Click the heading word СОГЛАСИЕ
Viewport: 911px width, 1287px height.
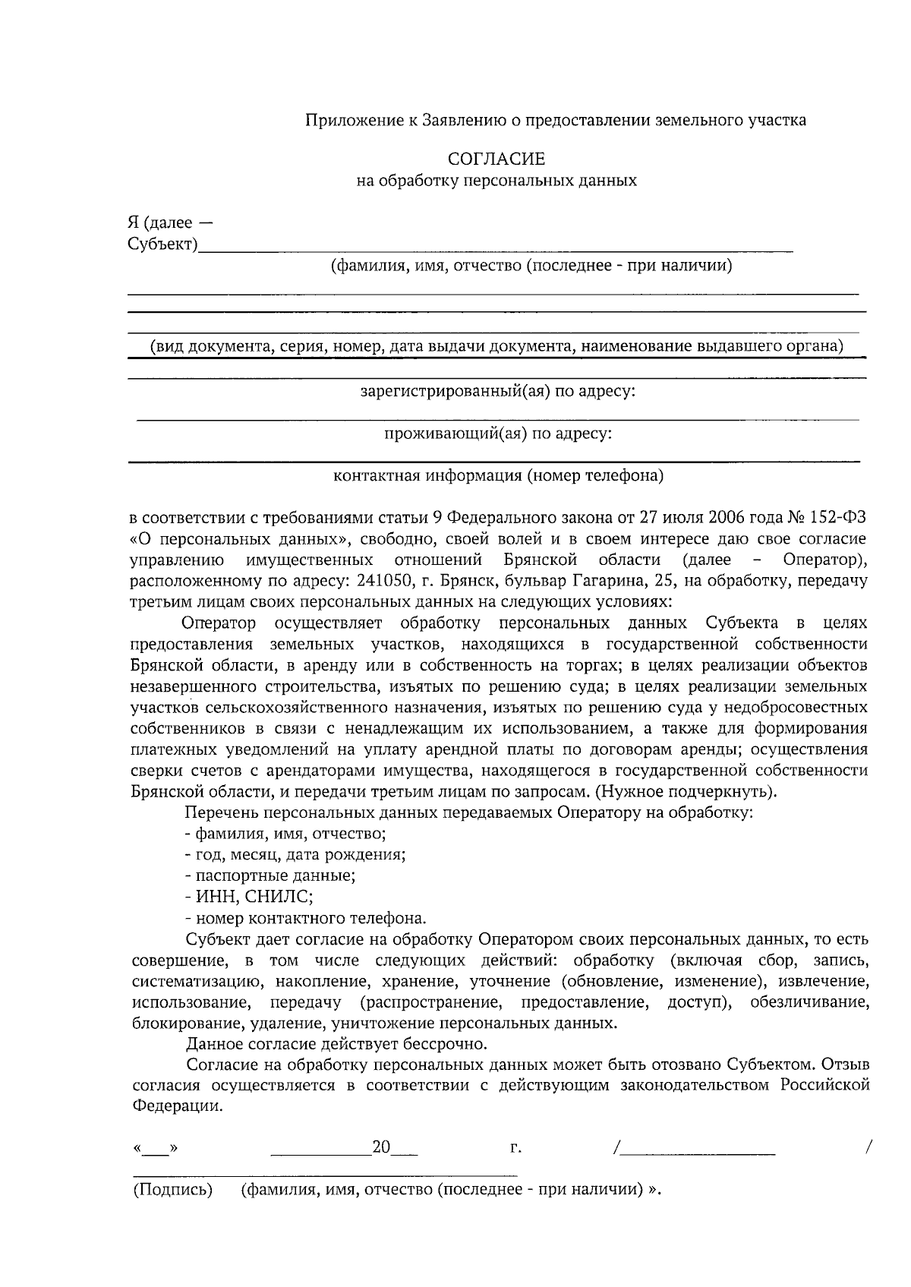tap(496, 159)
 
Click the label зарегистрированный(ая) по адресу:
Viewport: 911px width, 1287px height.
tap(497, 392)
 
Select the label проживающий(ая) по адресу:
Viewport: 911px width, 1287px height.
tap(497, 434)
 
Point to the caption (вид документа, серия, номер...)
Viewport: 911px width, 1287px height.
tap(496, 347)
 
